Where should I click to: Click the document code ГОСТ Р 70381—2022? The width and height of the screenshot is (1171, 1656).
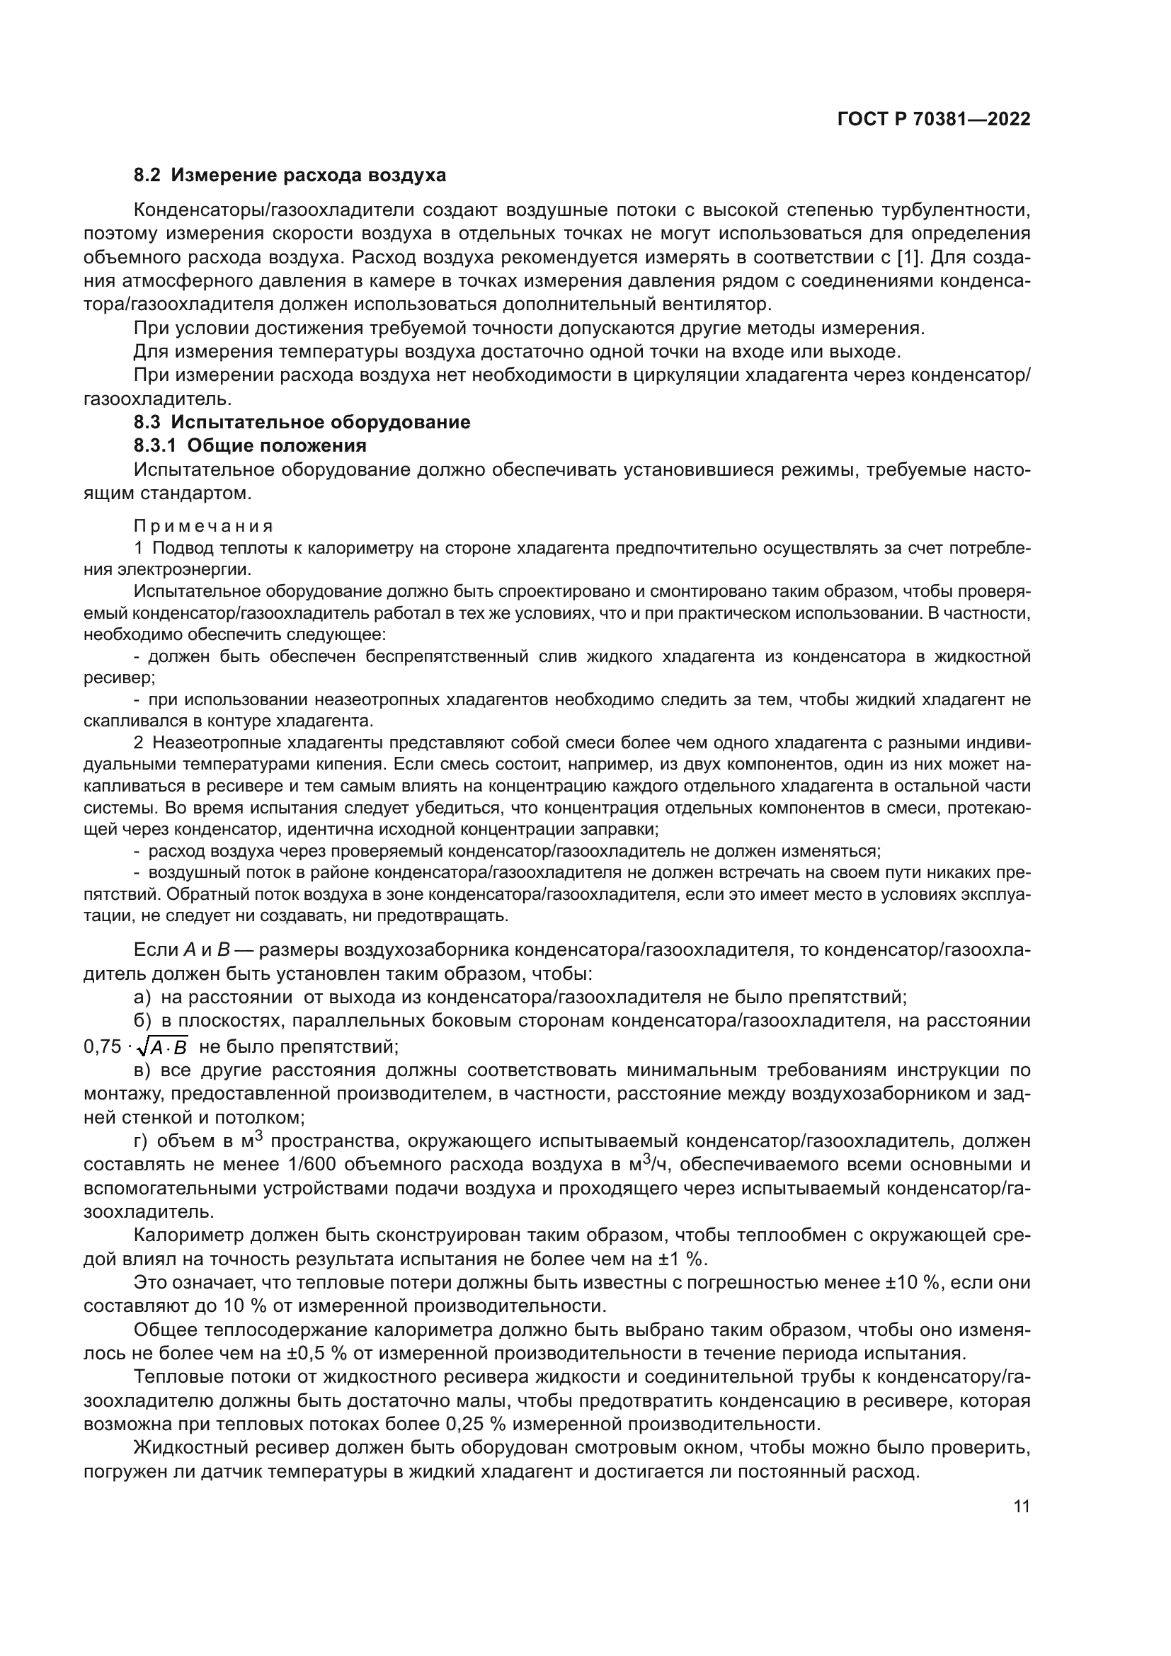pyautogui.click(x=933, y=120)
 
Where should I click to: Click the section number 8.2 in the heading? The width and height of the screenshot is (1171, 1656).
pyautogui.click(x=148, y=176)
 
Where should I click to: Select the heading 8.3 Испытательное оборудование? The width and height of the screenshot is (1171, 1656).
pyautogui.click(x=302, y=423)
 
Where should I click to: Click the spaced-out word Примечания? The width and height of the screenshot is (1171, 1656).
pyautogui.click(x=203, y=526)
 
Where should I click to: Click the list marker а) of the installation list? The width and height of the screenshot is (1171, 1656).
pyautogui.click(x=142, y=998)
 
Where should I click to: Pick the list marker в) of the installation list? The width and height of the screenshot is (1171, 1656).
pyautogui.click(x=142, y=1070)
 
